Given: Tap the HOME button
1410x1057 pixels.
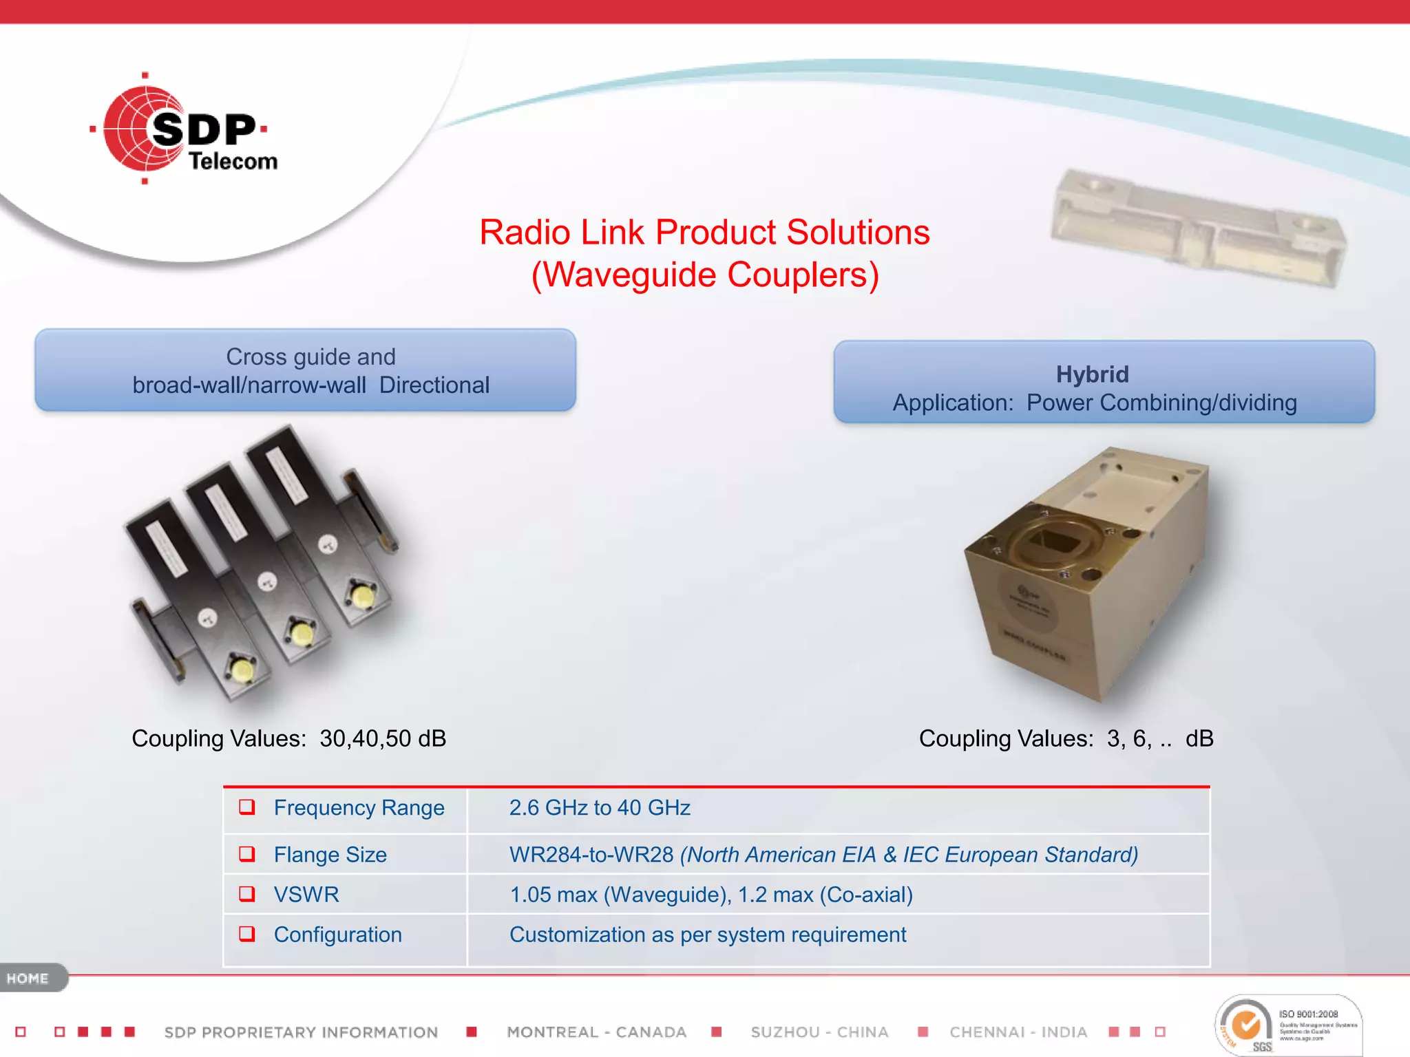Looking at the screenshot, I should click(x=29, y=978).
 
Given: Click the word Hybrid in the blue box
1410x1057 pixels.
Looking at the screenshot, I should click(x=1092, y=374).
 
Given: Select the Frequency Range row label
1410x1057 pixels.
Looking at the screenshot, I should click(x=359, y=808).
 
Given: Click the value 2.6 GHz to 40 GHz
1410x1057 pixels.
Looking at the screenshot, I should click(x=599, y=808).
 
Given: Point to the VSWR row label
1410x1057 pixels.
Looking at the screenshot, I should click(x=306, y=895).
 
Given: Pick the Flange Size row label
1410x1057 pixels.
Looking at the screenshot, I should click(x=330, y=855).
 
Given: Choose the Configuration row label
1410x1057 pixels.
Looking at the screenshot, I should click(x=337, y=935).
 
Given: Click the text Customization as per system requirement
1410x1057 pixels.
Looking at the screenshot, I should click(x=707, y=935).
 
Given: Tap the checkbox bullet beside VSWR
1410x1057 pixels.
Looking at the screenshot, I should click(x=246, y=894).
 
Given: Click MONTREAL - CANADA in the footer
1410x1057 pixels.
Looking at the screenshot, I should click(x=596, y=1032).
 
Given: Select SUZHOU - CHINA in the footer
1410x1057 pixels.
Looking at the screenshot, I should click(x=819, y=1032).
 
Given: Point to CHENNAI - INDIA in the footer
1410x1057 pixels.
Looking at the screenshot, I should click(x=1018, y=1032).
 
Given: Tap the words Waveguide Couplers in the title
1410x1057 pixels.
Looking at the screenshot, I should click(x=705, y=275).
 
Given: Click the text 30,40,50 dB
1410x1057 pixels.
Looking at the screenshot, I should click(x=383, y=738).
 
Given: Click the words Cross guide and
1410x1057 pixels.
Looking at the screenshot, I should click(x=311, y=356).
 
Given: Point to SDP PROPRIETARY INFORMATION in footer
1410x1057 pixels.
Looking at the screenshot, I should click(x=301, y=1032).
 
